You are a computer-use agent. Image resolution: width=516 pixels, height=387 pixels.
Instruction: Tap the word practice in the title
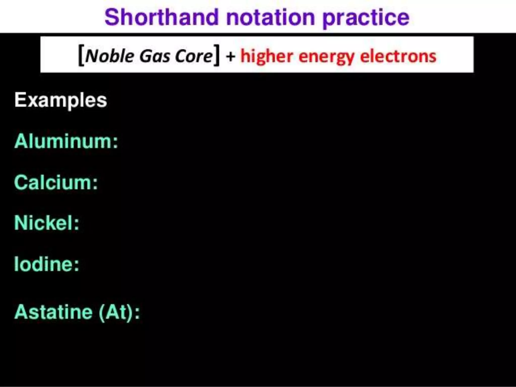(x=366, y=18)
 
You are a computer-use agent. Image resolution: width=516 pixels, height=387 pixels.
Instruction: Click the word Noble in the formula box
(x=110, y=56)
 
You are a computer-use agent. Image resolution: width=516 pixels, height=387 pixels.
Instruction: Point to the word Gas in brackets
(x=155, y=56)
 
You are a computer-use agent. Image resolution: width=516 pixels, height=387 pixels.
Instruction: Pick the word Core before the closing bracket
(x=194, y=56)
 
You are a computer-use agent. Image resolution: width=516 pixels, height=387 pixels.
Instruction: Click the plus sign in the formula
(x=230, y=56)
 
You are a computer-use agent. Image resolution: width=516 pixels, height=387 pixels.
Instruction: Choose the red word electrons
(x=398, y=56)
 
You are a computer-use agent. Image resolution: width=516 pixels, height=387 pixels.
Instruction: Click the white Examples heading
(x=61, y=100)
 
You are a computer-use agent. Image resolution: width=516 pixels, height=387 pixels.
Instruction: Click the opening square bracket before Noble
(x=81, y=55)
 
